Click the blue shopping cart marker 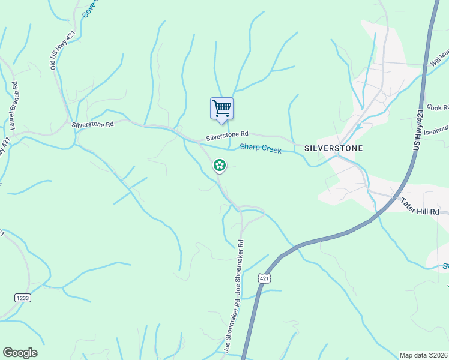click(221, 109)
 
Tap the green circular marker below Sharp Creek click(220, 164)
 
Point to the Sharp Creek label click(261, 148)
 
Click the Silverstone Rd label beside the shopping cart click(227, 136)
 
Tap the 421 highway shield click(265, 278)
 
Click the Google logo click(20, 353)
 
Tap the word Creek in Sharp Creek click(271, 149)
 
